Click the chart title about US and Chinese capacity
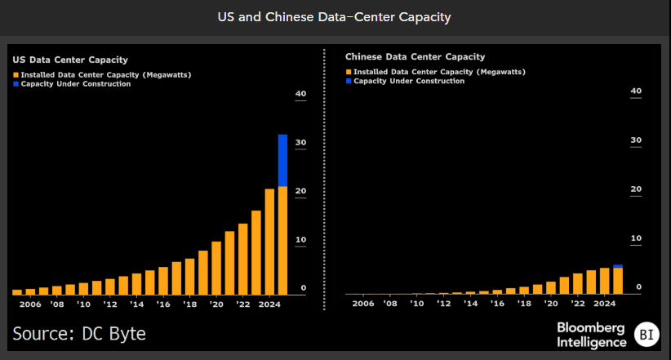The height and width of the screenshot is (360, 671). (x=335, y=17)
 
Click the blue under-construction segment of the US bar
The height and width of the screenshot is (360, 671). (x=282, y=160)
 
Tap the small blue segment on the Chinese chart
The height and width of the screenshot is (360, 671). (x=618, y=266)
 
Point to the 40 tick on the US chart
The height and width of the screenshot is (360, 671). (x=300, y=95)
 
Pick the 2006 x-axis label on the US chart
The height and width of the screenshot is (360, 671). (x=30, y=304)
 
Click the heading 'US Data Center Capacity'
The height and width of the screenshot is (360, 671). (x=69, y=60)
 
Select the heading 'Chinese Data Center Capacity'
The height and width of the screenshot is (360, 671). (x=415, y=57)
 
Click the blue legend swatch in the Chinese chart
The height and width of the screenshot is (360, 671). (x=349, y=82)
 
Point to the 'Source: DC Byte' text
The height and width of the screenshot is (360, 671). (x=79, y=333)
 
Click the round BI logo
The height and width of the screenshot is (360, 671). (x=648, y=334)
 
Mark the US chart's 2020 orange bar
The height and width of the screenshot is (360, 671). (x=216, y=267)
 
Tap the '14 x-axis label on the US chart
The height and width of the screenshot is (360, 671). (x=136, y=304)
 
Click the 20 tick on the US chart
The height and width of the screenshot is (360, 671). (x=300, y=192)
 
